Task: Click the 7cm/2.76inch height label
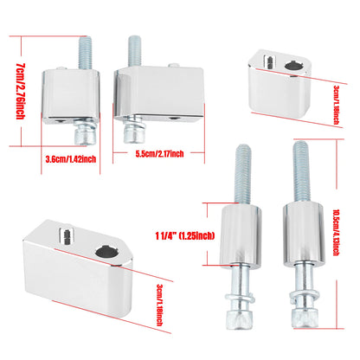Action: pyautogui.click(x=20, y=91)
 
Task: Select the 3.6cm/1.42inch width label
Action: pyautogui.click(x=71, y=159)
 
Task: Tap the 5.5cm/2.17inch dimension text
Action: pyautogui.click(x=159, y=154)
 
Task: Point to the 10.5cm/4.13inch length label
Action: pyautogui.click(x=336, y=232)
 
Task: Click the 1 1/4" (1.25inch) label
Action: pyautogui.click(x=185, y=236)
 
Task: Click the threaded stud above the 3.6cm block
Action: pyautogui.click(x=86, y=53)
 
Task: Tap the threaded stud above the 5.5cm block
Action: pyautogui.click(x=135, y=52)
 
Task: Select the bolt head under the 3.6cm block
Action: pyautogui.click(x=85, y=137)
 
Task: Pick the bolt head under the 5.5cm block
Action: pyautogui.click(x=134, y=135)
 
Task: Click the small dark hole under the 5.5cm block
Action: pyautogui.click(x=174, y=118)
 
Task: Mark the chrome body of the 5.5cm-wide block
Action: pyautogui.click(x=159, y=93)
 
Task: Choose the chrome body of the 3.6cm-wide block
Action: pyautogui.click(x=71, y=96)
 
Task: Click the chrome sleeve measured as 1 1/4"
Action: pyautogui.click(x=241, y=236)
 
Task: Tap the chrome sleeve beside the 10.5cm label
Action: pyautogui.click(x=304, y=235)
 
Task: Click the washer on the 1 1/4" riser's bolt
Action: pyautogui.click(x=240, y=298)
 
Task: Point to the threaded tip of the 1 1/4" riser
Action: pyautogui.click(x=241, y=174)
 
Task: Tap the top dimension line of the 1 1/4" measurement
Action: pyautogui.click(x=221, y=203)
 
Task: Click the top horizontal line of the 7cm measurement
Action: pyautogui.click(x=48, y=36)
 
